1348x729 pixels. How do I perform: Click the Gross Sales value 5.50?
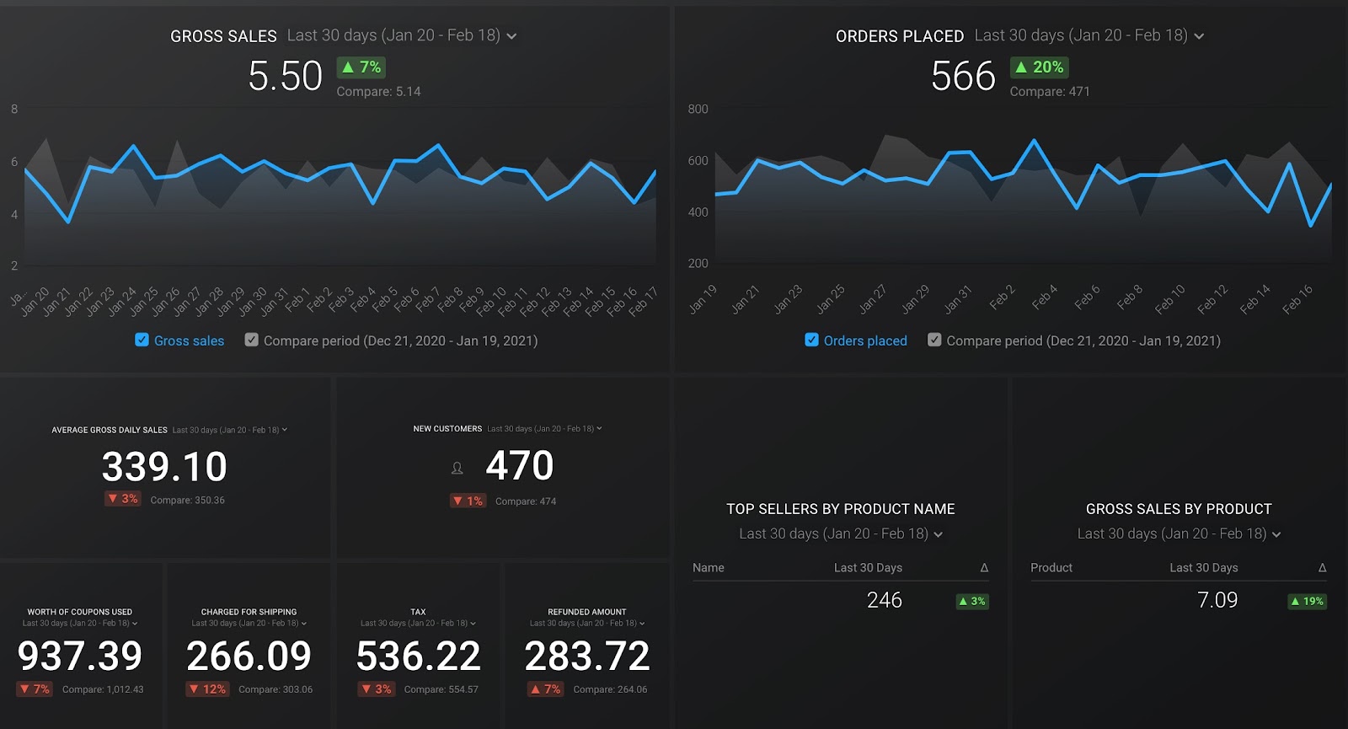click(285, 77)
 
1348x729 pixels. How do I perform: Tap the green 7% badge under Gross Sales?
click(361, 67)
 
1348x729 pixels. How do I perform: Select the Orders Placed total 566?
click(963, 77)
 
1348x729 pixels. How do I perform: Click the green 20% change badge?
click(1040, 67)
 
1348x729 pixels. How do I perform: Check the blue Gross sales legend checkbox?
click(142, 340)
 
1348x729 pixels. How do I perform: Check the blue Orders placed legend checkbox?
click(811, 340)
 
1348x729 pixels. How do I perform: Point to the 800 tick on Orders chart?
click(698, 109)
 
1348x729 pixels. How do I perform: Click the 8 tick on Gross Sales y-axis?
click(14, 109)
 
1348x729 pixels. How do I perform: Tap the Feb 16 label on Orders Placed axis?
click(1297, 300)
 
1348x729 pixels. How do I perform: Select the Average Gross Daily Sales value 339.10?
click(164, 467)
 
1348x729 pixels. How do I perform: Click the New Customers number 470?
click(519, 465)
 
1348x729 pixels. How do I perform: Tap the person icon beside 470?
click(457, 468)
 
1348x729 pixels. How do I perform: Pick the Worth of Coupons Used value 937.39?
click(80, 656)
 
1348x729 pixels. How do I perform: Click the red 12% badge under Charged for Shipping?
click(207, 689)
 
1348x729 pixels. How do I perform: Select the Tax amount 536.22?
click(419, 656)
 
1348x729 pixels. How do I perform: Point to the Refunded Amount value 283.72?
click(587, 656)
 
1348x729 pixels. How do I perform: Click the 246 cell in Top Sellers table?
click(884, 600)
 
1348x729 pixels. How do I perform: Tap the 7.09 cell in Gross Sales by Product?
click(1217, 600)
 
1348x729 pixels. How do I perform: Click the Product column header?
click(1051, 568)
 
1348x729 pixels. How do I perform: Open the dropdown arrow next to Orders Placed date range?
click(1199, 36)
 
